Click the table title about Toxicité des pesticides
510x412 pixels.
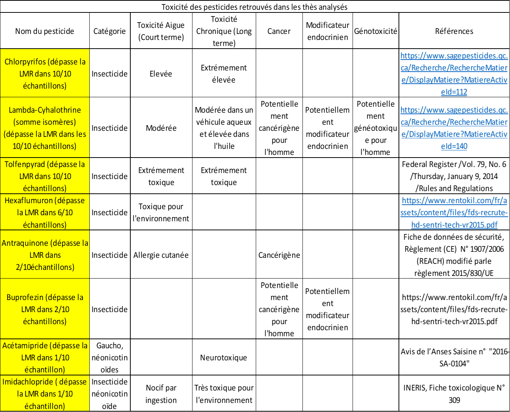point(254,7)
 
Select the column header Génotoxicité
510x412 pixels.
point(376,31)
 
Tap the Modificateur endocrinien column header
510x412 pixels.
point(328,31)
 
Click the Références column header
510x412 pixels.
point(454,31)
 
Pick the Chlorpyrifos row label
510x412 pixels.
point(45,74)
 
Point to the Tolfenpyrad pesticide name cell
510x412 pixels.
point(45,176)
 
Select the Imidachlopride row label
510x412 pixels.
point(45,394)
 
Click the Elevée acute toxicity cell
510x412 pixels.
point(161,74)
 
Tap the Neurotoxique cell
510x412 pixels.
point(224,357)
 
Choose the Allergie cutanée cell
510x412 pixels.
point(161,255)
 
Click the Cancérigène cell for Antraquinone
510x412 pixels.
point(279,255)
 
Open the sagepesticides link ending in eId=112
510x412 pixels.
point(454,74)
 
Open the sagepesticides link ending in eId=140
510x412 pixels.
point(454,128)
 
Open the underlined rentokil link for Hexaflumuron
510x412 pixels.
point(454,213)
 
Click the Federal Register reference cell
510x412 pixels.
point(454,176)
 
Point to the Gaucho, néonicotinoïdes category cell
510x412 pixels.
point(110,357)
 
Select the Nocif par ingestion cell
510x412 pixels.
point(161,394)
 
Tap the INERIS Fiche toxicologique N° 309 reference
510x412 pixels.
point(454,394)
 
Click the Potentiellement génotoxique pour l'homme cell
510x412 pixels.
point(376,128)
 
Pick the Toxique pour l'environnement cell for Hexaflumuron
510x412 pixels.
point(161,213)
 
